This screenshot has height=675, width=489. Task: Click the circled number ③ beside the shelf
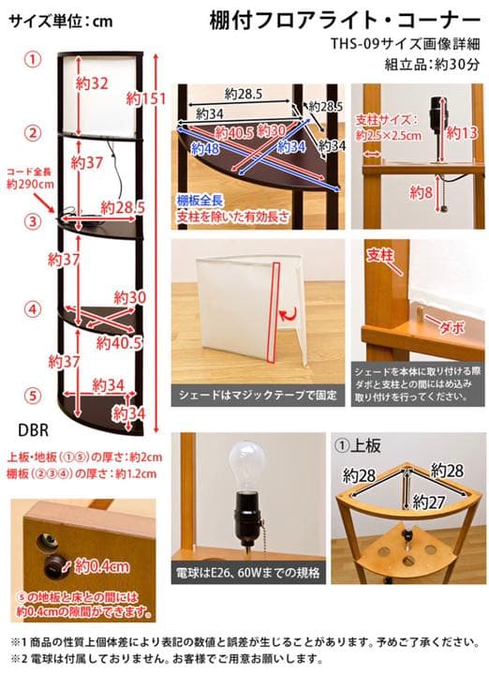[x=33, y=222]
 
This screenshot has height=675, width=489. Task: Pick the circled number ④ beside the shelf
[x=33, y=308]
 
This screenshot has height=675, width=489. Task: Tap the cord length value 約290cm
[x=26, y=186]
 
